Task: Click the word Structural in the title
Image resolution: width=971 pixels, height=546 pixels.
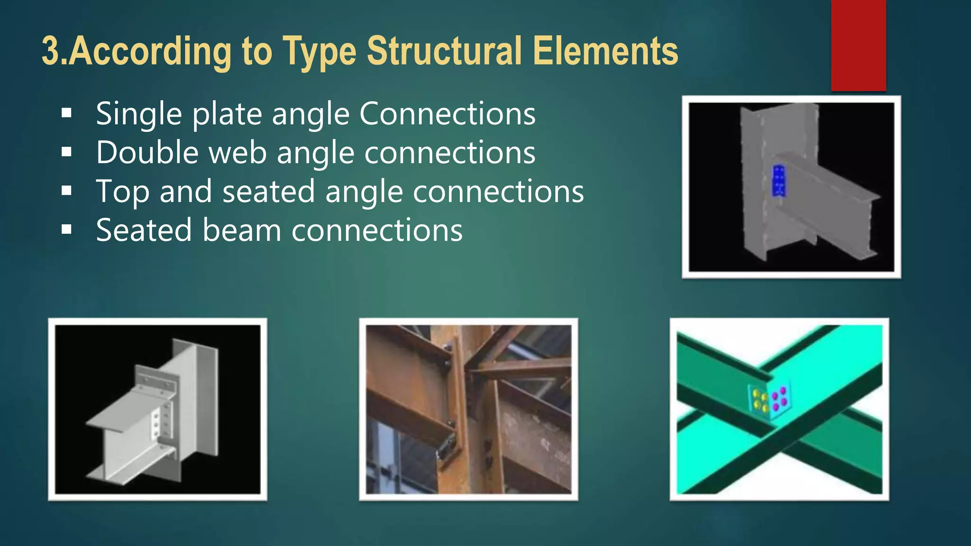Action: click(x=444, y=51)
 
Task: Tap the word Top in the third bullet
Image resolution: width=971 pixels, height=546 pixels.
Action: click(x=122, y=192)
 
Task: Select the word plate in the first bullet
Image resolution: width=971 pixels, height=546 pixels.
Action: click(x=227, y=114)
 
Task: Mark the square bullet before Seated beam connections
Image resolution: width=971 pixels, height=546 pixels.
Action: click(x=66, y=230)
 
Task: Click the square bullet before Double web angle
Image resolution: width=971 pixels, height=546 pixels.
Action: click(x=66, y=152)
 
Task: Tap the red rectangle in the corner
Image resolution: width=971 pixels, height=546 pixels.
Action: click(x=858, y=45)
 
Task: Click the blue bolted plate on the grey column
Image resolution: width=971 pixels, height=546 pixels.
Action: click(x=779, y=181)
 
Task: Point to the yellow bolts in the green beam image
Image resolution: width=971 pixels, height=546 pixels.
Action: click(x=760, y=400)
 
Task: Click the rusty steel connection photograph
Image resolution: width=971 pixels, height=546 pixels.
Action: click(x=468, y=409)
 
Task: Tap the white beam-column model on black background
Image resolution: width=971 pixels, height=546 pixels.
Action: click(x=157, y=409)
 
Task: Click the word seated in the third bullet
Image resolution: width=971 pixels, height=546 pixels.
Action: click(x=268, y=191)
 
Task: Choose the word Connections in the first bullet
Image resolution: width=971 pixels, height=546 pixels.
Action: click(x=447, y=114)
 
